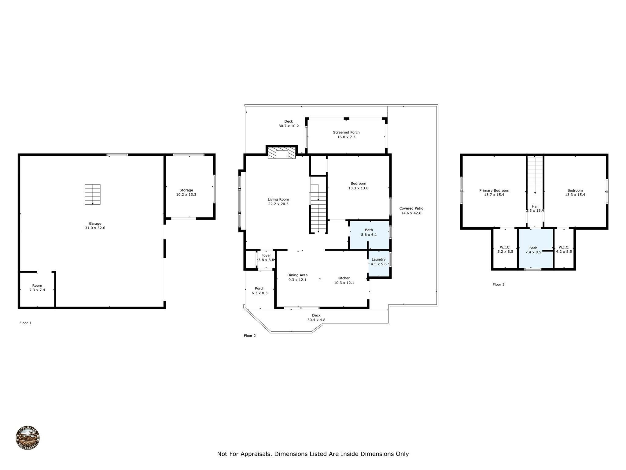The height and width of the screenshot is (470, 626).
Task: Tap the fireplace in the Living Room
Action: (x=282, y=152)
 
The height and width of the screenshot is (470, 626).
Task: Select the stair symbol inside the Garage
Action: (x=93, y=194)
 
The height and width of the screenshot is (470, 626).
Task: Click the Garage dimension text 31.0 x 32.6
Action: (x=95, y=228)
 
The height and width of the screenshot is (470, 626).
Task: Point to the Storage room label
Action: (x=186, y=190)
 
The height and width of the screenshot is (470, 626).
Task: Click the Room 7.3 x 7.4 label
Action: (x=37, y=288)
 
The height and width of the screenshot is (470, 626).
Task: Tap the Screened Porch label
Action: (x=346, y=132)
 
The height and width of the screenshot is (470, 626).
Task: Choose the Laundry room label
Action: (x=379, y=259)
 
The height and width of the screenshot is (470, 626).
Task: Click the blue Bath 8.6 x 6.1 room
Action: (x=369, y=235)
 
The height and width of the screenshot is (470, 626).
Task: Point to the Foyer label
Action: (x=266, y=255)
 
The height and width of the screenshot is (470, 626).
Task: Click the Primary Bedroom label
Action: (x=494, y=190)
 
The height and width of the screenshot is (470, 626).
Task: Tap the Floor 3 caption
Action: (x=499, y=284)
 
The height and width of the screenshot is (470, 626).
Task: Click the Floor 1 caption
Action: (x=25, y=323)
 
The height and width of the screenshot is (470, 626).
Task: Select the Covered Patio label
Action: (x=411, y=208)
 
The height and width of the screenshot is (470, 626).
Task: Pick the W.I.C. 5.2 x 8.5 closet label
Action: (x=505, y=249)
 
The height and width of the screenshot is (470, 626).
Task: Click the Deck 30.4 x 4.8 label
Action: (x=316, y=318)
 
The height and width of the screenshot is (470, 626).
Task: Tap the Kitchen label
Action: (x=344, y=278)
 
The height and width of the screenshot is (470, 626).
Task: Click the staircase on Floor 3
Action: (x=535, y=175)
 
